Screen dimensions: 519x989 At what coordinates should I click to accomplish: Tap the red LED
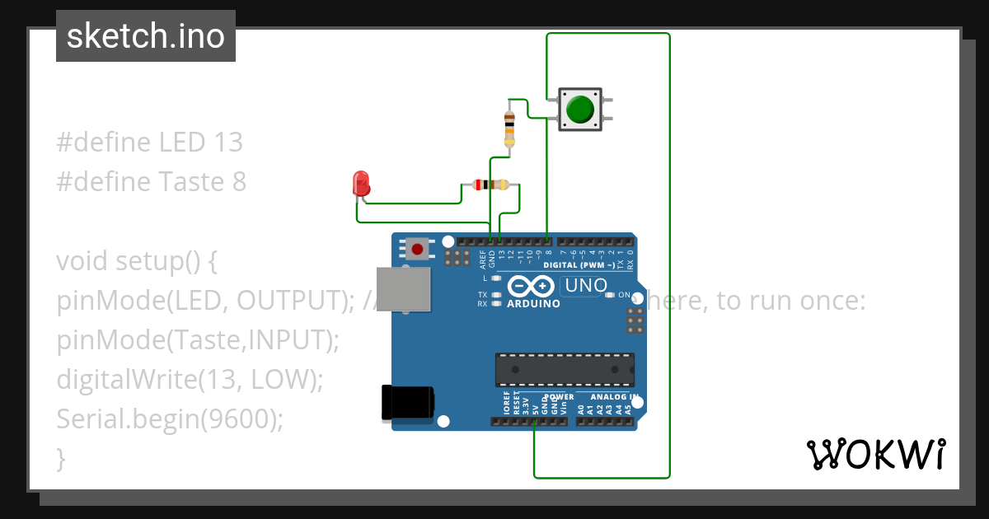point(360,184)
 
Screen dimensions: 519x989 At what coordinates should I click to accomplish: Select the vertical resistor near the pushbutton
point(509,128)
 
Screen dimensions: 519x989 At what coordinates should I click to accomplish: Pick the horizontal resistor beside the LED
point(491,185)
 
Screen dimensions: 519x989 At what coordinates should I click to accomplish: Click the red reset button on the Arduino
point(418,249)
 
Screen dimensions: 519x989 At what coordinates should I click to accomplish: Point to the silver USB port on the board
point(403,289)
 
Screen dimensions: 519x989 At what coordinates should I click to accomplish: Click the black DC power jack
point(407,403)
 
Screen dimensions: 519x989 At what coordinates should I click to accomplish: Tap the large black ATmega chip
point(565,370)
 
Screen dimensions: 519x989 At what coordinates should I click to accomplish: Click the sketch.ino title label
point(146,36)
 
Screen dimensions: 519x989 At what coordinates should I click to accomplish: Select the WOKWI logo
point(875,454)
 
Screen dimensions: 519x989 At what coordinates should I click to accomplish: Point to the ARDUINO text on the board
point(533,303)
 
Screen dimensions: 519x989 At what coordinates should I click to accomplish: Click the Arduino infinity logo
point(532,286)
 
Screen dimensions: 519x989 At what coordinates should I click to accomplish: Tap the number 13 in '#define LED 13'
point(227,143)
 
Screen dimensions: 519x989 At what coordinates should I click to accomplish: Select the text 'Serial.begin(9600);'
point(170,419)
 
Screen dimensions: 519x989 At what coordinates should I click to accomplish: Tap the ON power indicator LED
point(610,295)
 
